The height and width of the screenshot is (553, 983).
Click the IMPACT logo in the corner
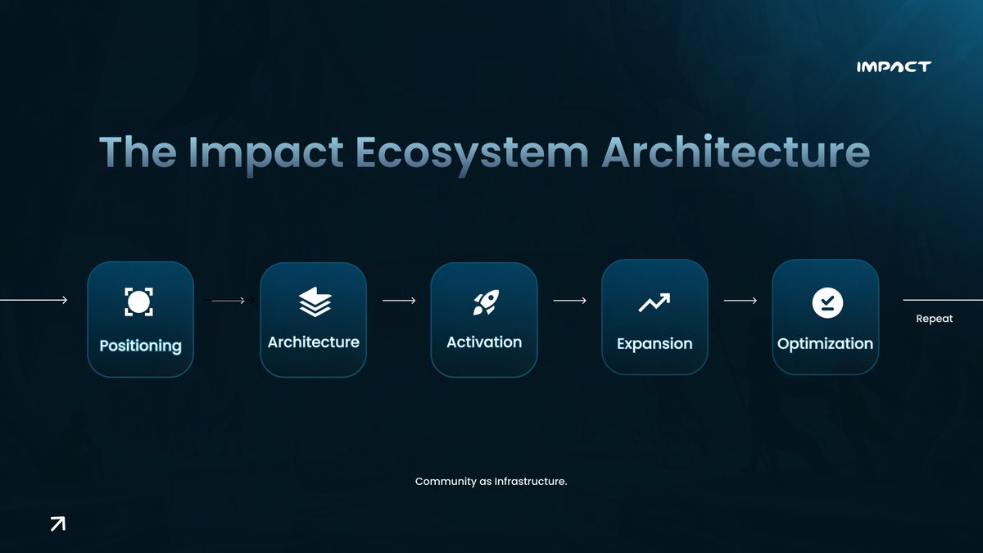(x=893, y=66)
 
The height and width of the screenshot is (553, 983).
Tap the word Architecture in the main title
(x=736, y=153)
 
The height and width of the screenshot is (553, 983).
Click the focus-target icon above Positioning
(x=138, y=301)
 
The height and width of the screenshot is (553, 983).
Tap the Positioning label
(x=140, y=346)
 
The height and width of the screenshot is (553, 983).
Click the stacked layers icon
(x=315, y=301)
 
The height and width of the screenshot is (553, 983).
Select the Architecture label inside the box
(x=313, y=342)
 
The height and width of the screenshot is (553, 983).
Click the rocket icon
(x=483, y=302)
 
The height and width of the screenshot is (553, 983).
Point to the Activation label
(x=483, y=342)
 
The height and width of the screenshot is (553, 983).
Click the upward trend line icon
(x=654, y=302)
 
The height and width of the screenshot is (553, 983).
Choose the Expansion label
(x=654, y=344)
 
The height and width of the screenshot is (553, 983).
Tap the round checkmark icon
(x=827, y=302)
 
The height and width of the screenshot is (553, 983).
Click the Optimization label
(x=825, y=344)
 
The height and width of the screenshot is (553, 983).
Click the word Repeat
(x=934, y=319)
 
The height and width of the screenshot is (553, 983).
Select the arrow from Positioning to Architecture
(x=228, y=301)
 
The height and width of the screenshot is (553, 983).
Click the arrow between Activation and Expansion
(x=569, y=301)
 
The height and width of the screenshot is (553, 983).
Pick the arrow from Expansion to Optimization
(x=740, y=301)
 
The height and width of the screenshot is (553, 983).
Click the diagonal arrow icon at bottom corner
(x=57, y=524)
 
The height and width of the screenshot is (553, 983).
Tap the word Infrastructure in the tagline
(x=530, y=482)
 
